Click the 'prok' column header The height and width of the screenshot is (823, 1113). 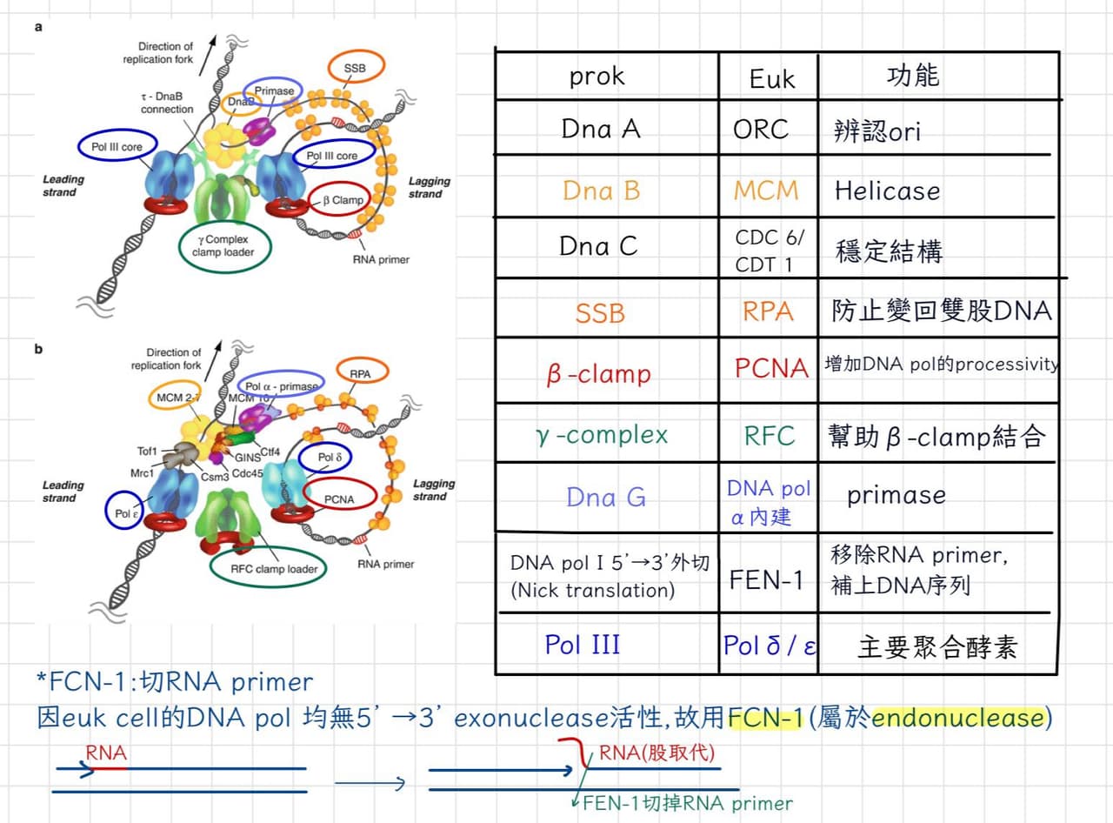(x=596, y=77)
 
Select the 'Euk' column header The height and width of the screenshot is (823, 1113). (x=772, y=79)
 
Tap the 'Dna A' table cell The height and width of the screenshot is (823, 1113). (x=601, y=129)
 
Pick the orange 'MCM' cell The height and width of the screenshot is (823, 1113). (x=766, y=191)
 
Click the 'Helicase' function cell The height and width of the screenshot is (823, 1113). (x=887, y=191)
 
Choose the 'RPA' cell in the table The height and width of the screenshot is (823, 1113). (x=768, y=311)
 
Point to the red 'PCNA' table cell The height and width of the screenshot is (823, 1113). (x=771, y=368)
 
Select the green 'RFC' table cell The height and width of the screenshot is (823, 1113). (x=770, y=435)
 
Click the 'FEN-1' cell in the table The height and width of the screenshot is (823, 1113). (x=766, y=579)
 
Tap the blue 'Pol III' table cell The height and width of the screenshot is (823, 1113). (x=583, y=645)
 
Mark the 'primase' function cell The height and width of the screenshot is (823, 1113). (x=896, y=496)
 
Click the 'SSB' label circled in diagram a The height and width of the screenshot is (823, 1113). (x=356, y=68)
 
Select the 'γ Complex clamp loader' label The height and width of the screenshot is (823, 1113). (x=223, y=246)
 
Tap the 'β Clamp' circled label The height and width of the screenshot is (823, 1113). (x=343, y=200)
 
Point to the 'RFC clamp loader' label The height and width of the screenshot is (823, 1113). (x=274, y=569)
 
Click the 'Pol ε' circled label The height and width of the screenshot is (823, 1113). (x=126, y=513)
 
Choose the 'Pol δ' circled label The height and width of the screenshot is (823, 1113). (x=330, y=457)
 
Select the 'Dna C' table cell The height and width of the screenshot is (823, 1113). (x=598, y=246)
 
